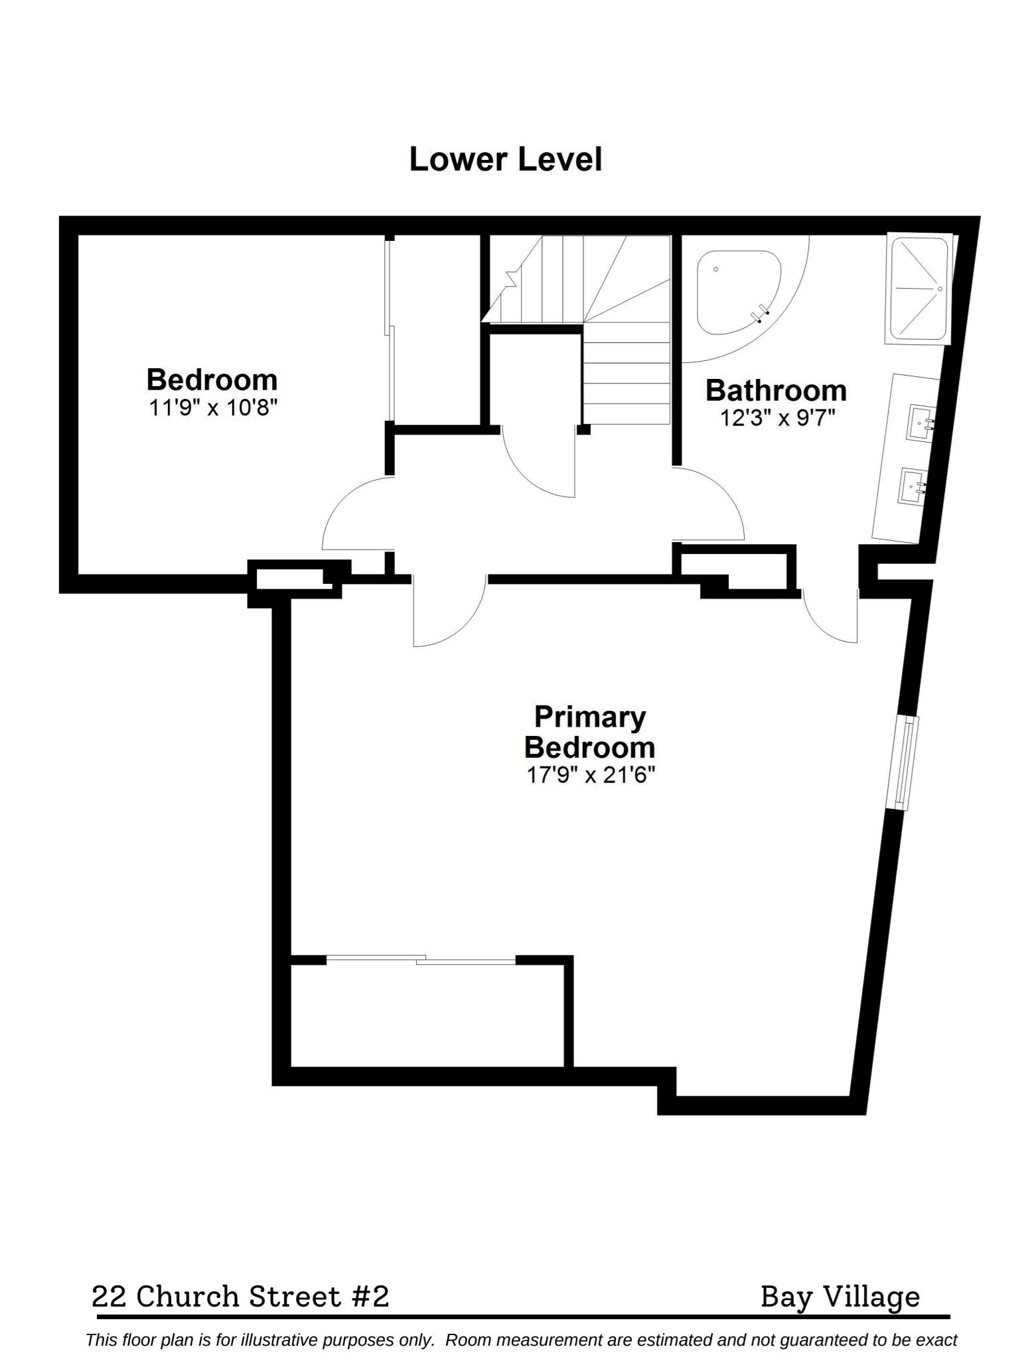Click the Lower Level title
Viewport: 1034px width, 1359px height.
[506, 160]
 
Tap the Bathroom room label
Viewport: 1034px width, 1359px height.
[776, 390]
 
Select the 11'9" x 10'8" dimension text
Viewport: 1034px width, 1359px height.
[212, 407]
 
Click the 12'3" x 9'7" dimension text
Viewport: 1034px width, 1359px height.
[776, 418]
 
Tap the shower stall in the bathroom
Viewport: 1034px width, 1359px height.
[919, 289]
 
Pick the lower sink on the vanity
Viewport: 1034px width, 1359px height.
[913, 487]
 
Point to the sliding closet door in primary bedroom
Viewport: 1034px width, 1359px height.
[421, 959]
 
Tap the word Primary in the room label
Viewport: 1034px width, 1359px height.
[590, 717]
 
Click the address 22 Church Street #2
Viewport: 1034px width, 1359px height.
[240, 1296]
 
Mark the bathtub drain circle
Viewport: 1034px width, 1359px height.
[716, 269]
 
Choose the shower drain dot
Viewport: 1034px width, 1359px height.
[940, 289]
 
